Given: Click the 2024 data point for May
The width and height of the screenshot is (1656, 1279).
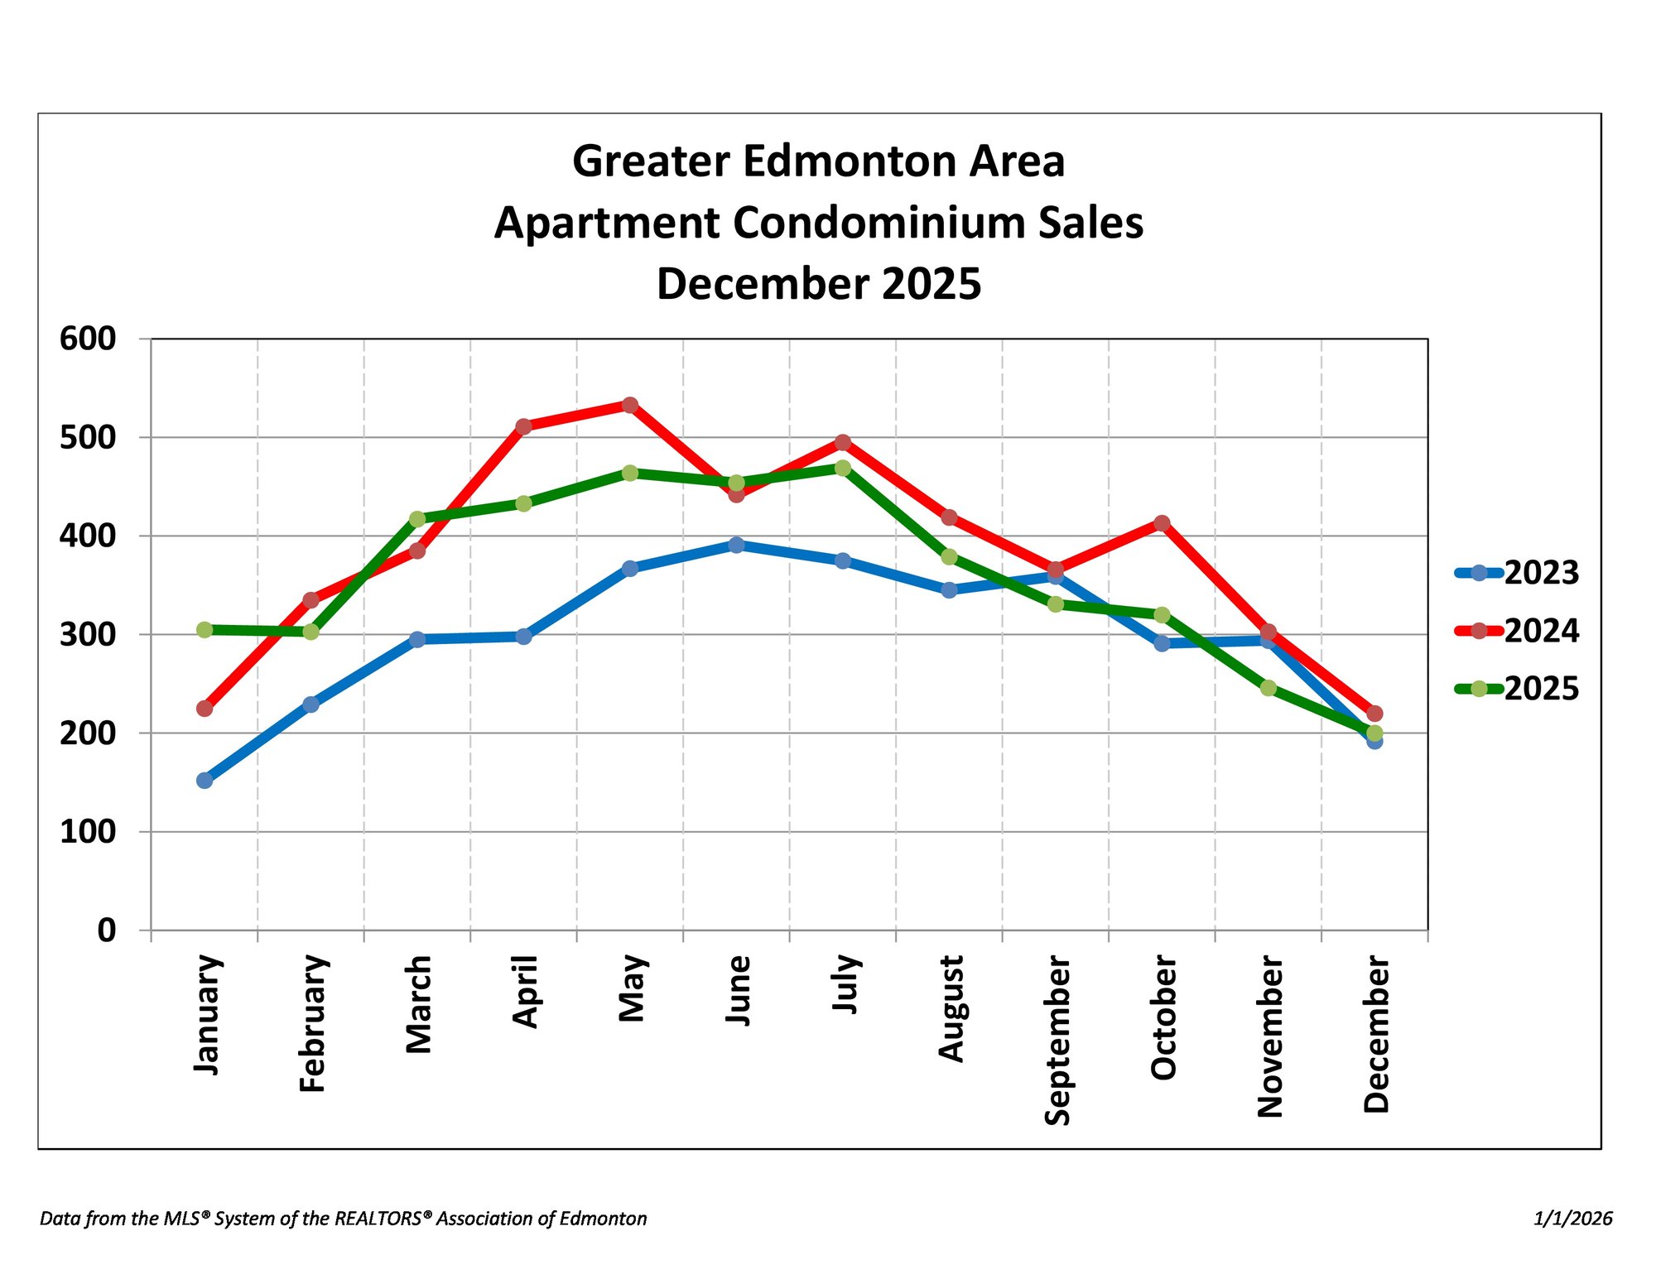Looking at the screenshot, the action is point(630,405).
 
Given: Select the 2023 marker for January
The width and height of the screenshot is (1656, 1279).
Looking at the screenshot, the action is point(205,780).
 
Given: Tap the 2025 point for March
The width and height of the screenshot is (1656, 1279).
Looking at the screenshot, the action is point(417,519).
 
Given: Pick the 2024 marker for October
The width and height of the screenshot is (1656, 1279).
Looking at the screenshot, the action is point(1162,523).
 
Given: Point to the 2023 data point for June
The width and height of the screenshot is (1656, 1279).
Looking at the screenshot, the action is point(736,545).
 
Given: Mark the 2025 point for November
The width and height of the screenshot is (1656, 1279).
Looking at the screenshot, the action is point(1268,688).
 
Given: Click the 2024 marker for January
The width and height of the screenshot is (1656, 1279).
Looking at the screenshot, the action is point(205,709).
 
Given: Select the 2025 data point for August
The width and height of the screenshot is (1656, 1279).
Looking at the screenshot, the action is point(949,557).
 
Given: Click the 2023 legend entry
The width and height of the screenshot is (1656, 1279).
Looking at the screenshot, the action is point(1517,573).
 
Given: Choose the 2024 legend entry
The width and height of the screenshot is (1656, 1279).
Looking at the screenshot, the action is point(1517,631).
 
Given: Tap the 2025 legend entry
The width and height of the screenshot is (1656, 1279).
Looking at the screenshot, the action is point(1517,689).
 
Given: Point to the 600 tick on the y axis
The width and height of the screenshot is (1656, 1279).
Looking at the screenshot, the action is point(88,339).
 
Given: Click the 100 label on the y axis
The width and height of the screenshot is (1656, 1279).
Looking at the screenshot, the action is point(88,832).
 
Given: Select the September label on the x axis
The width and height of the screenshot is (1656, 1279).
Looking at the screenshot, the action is point(1057,1041).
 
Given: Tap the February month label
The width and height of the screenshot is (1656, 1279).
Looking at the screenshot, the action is point(313,1024).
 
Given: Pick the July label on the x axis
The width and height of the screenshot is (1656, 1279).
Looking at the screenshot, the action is point(845,983).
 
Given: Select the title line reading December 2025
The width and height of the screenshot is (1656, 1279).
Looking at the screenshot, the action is point(819,284).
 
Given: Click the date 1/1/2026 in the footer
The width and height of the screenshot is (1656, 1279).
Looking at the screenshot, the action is point(1573,1219).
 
